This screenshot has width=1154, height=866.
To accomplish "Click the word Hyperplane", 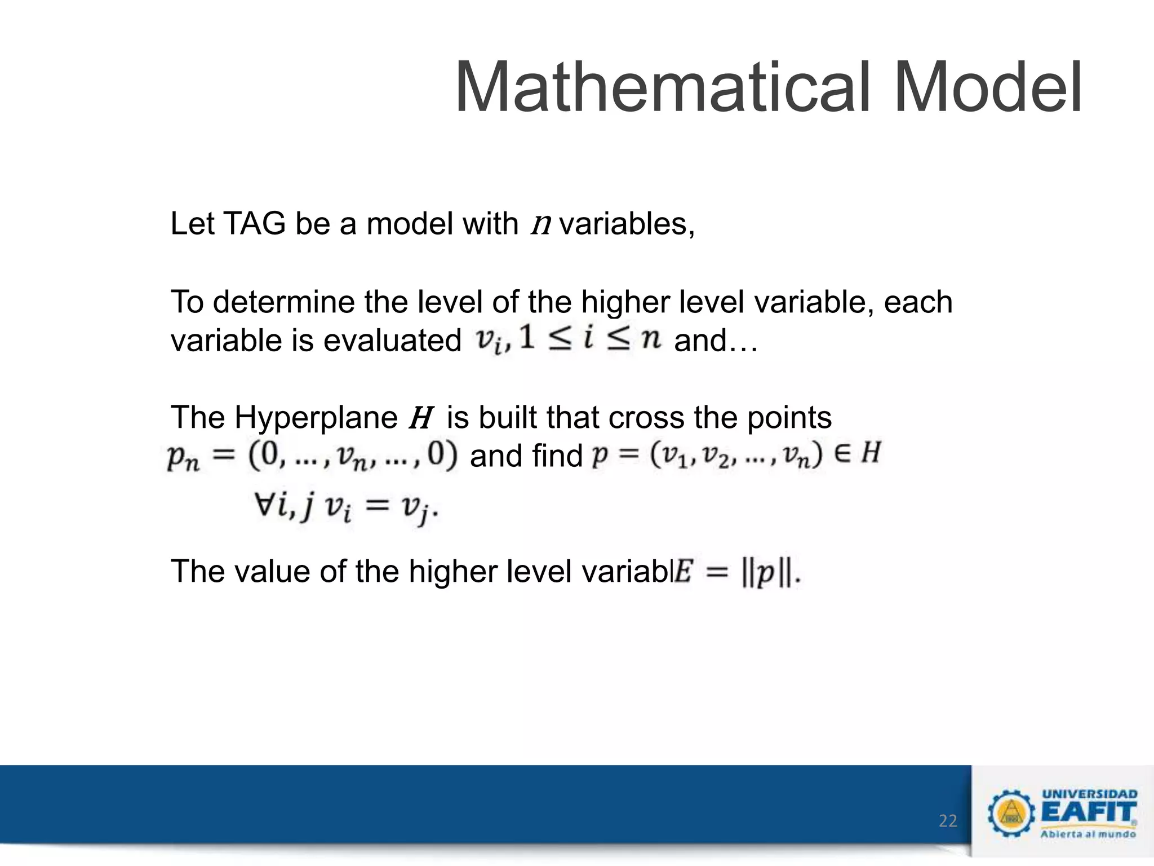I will click(x=316, y=418).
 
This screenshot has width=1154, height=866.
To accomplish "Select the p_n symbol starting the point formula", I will click(x=183, y=457).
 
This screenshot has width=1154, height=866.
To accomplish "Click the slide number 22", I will click(x=948, y=821).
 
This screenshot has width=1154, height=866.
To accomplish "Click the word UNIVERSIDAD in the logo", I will click(x=1089, y=794).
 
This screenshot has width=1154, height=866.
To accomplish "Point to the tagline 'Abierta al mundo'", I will click(x=1088, y=834).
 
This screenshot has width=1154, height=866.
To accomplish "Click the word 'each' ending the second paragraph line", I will click(x=918, y=302).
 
